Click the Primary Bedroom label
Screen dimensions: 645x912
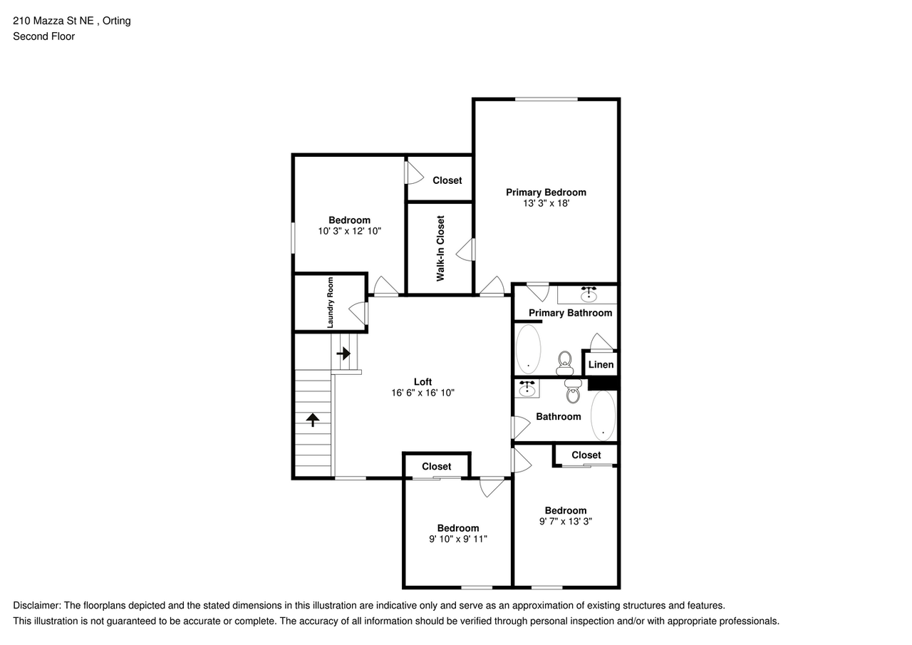pos(546,192)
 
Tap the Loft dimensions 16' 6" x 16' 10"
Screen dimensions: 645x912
pos(423,393)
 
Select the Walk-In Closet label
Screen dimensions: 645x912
pos(440,248)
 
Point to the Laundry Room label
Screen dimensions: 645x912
pos(331,303)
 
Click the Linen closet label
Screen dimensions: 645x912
pos(601,365)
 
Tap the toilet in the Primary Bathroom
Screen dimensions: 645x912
pos(565,363)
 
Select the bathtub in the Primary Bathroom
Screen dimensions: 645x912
pos(528,349)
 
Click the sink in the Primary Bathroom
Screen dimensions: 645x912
pos(589,294)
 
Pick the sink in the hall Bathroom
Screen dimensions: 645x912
pos(527,388)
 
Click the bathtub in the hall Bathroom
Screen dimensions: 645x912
pos(603,416)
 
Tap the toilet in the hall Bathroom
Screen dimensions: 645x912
pos(573,390)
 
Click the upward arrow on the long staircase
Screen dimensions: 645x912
pos(312,420)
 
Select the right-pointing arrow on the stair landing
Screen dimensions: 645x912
pos(344,353)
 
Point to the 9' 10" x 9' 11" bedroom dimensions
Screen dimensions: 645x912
pos(457,539)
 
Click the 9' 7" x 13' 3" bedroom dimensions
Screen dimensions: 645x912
pos(566,521)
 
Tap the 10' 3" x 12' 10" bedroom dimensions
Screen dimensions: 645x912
pos(349,231)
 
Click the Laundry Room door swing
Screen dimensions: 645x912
pos(358,312)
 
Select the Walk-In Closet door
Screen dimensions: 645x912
pos(466,249)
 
